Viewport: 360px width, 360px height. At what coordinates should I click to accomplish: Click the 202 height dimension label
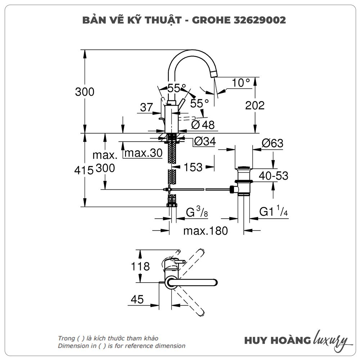(255, 105)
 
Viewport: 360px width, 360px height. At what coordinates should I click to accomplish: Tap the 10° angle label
(241, 83)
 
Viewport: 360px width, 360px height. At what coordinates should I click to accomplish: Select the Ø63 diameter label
(273, 143)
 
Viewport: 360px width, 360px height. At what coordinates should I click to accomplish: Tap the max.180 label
(206, 231)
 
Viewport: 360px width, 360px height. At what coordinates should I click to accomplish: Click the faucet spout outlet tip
(214, 73)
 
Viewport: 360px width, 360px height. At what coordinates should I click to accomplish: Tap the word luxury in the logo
(330, 339)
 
